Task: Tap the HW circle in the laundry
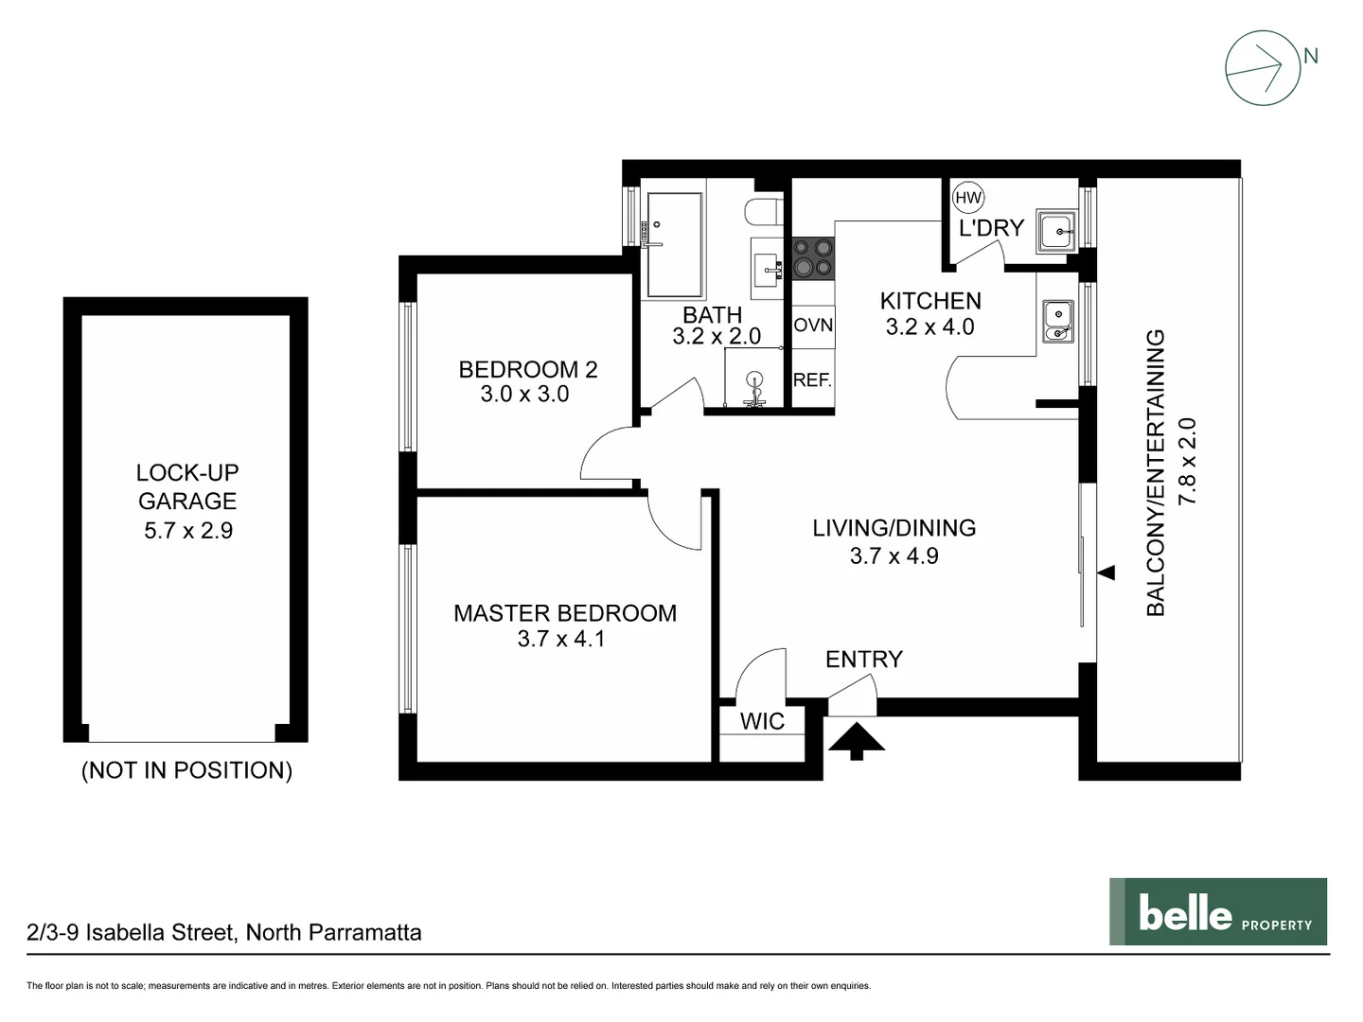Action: [x=968, y=198]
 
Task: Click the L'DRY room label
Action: [x=991, y=228]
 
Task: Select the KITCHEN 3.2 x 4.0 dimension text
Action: [x=929, y=326]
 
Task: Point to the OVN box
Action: [x=813, y=326]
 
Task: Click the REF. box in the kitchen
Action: [x=812, y=380]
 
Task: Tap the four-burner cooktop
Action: [x=813, y=257]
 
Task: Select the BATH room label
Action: [x=712, y=314]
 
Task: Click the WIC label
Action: [x=762, y=721]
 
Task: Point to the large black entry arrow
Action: [x=857, y=740]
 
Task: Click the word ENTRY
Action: [x=863, y=660]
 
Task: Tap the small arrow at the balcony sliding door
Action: [x=1106, y=573]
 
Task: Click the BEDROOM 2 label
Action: [x=528, y=369]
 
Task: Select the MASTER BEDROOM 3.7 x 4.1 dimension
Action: [x=560, y=639]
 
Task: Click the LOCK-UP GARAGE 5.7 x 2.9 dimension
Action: [x=187, y=531]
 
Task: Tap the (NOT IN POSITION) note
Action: [x=186, y=770]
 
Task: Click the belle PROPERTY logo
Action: [x=1218, y=912]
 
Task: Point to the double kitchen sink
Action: [x=1056, y=321]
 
